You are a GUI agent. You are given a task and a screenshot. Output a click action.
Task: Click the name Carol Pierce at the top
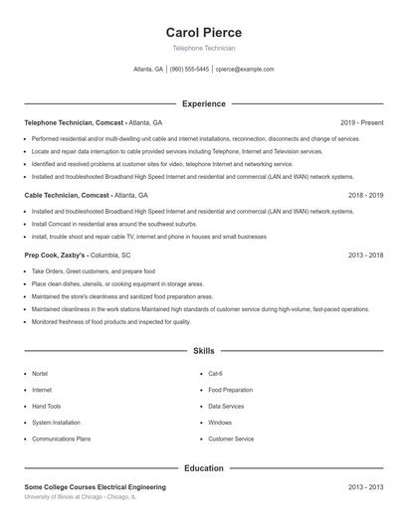pos(203,33)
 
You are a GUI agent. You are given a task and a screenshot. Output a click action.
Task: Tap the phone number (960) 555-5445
pos(189,70)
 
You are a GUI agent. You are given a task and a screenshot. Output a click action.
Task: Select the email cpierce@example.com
pos(246,70)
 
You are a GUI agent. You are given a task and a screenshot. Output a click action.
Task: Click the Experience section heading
pos(203,103)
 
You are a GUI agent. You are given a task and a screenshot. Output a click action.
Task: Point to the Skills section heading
pos(203,352)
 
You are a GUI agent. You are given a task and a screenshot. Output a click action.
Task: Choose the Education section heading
pos(203,467)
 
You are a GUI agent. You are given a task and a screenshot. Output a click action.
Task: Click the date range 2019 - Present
pos(361,122)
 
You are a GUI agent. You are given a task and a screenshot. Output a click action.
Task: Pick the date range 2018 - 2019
pos(365,196)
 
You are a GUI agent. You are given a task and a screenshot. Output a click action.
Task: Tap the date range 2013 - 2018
pos(365,255)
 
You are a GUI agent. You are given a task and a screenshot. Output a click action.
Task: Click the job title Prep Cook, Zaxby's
pos(60,255)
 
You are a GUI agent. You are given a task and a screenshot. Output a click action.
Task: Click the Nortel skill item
pos(40,374)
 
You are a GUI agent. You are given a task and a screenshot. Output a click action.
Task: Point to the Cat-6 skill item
pos(215,374)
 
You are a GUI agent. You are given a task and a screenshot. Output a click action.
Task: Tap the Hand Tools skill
pos(47,407)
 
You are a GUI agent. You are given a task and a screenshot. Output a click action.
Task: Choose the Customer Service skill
pos(231,439)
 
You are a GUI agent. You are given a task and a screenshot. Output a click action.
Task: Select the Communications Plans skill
pos(61,439)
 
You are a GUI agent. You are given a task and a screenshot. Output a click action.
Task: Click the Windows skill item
pos(220,423)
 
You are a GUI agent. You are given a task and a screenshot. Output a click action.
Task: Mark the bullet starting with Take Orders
pos(94,271)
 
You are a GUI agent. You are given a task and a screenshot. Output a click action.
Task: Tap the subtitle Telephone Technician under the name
pos(203,48)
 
